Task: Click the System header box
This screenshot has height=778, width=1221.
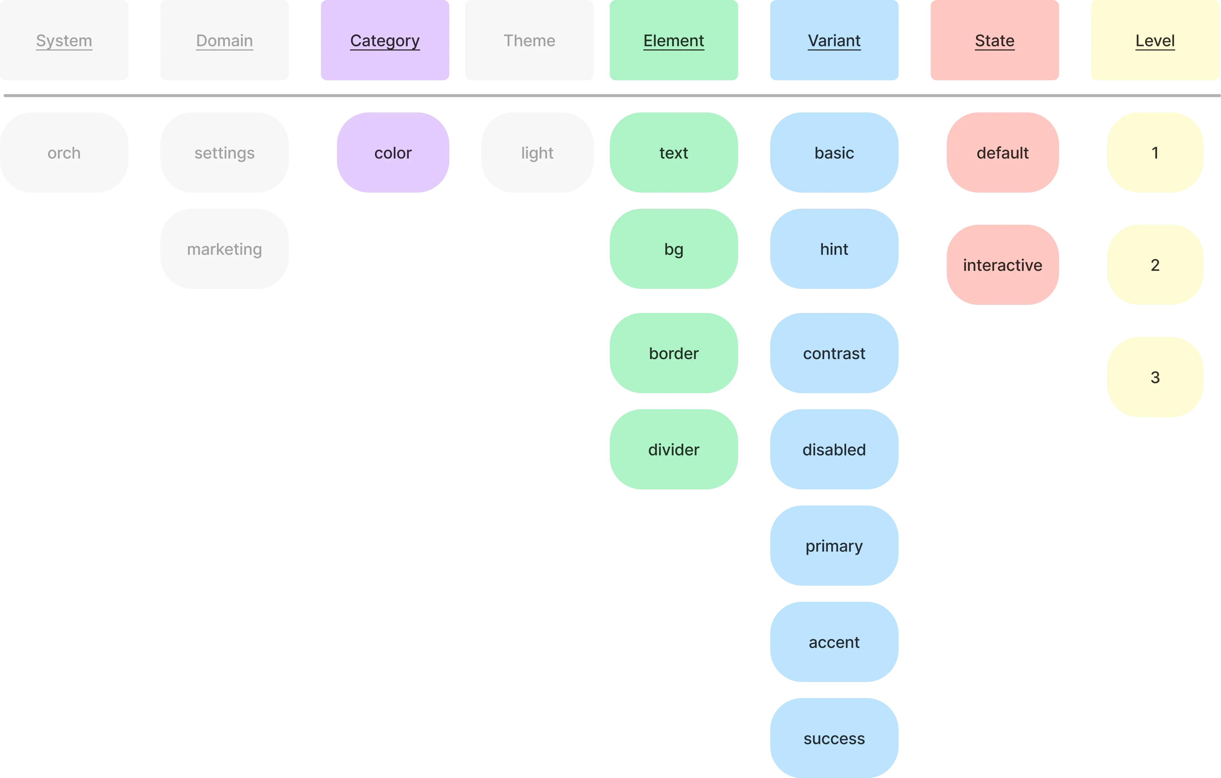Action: [65, 41]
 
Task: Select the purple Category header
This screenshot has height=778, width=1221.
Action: [385, 41]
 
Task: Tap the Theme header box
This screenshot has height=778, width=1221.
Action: [529, 41]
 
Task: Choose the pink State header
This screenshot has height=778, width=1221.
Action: [994, 41]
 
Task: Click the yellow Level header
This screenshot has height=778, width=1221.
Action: [1155, 41]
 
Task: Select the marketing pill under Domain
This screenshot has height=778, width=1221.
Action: [224, 249]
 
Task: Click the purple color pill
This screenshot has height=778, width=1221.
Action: [393, 153]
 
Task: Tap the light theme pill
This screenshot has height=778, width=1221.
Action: [537, 153]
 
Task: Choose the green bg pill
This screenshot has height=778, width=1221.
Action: [673, 249]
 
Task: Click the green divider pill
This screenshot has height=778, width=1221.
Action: [673, 449]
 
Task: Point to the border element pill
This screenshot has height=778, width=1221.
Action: [673, 353]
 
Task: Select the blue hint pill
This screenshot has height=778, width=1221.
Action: [834, 249]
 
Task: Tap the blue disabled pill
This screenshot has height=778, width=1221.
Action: [834, 449]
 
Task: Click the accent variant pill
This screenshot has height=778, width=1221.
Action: [834, 642]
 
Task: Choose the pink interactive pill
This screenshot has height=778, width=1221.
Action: [1003, 265]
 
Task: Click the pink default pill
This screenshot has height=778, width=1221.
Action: [1003, 153]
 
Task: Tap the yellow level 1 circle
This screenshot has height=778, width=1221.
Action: [1155, 153]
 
